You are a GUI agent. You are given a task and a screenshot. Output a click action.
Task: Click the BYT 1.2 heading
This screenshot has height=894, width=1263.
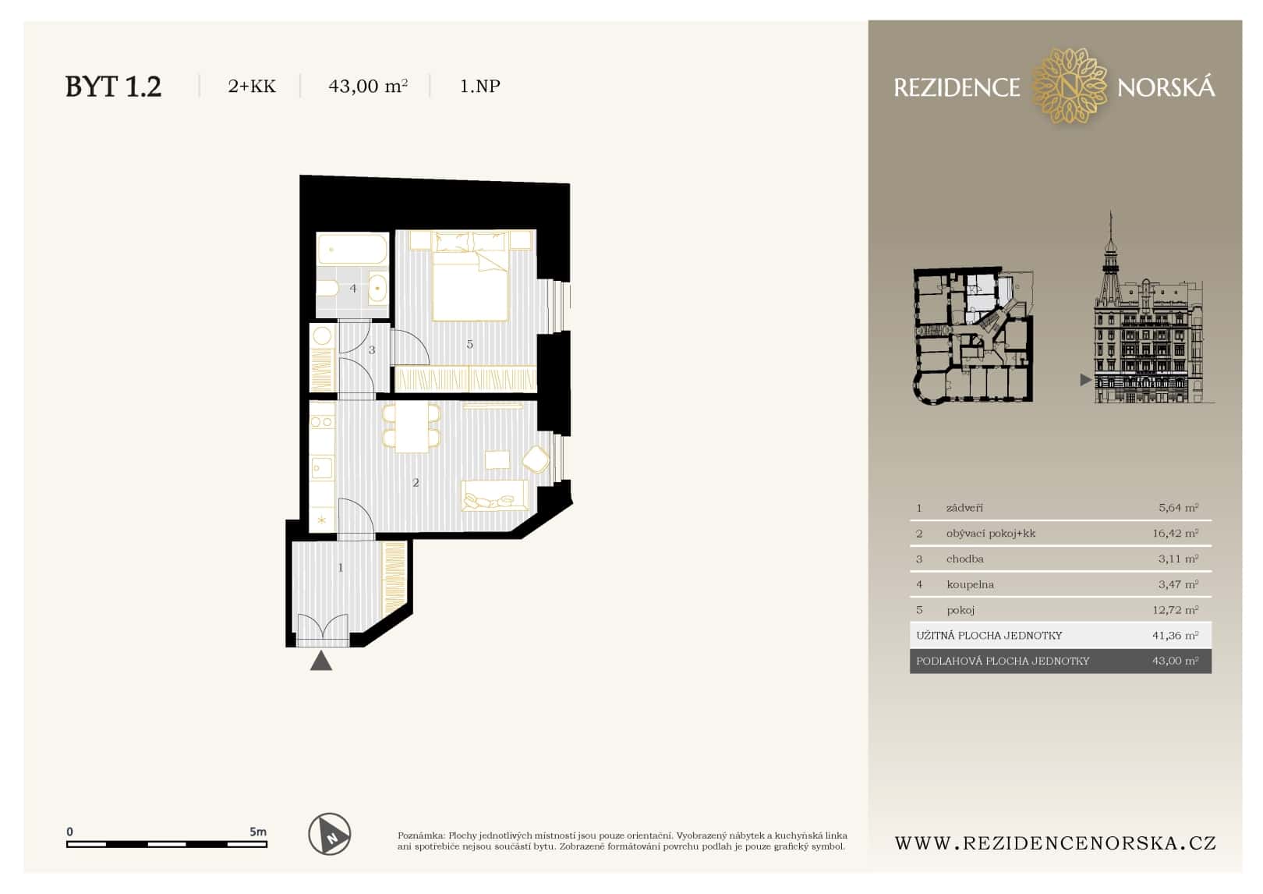[x=113, y=86]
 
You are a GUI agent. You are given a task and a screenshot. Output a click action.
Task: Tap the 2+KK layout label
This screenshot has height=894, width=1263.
[x=251, y=86]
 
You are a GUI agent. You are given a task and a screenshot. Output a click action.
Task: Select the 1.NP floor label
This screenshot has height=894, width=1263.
[x=479, y=86]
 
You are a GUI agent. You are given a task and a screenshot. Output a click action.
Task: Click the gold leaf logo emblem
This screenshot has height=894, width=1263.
[x=1069, y=86]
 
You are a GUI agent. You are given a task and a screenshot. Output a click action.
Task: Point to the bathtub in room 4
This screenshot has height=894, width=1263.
[x=352, y=250]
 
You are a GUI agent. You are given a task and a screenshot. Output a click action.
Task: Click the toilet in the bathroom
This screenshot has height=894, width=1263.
[x=327, y=289]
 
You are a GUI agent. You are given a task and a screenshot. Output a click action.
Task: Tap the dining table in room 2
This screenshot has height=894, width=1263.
[x=411, y=427]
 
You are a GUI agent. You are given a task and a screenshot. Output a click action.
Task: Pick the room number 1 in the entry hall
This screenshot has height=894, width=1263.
[x=341, y=568]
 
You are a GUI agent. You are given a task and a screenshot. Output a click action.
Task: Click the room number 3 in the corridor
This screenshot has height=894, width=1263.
[x=372, y=350]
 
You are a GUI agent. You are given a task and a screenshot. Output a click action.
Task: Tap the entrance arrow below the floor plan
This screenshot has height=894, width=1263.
[x=321, y=661]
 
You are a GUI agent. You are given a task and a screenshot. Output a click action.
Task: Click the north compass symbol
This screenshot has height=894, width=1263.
[x=330, y=834]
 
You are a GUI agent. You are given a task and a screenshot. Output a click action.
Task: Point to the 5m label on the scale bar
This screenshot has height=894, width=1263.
[x=257, y=832]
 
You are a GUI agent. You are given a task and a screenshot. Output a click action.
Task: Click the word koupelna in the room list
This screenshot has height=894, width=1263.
[x=970, y=584]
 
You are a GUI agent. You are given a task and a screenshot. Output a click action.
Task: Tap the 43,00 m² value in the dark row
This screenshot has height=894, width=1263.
[x=1175, y=661]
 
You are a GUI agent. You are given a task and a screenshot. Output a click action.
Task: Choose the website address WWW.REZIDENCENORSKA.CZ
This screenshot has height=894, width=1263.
[x=1055, y=843]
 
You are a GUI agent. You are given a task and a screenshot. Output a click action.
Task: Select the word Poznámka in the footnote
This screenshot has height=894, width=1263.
[x=420, y=835]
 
